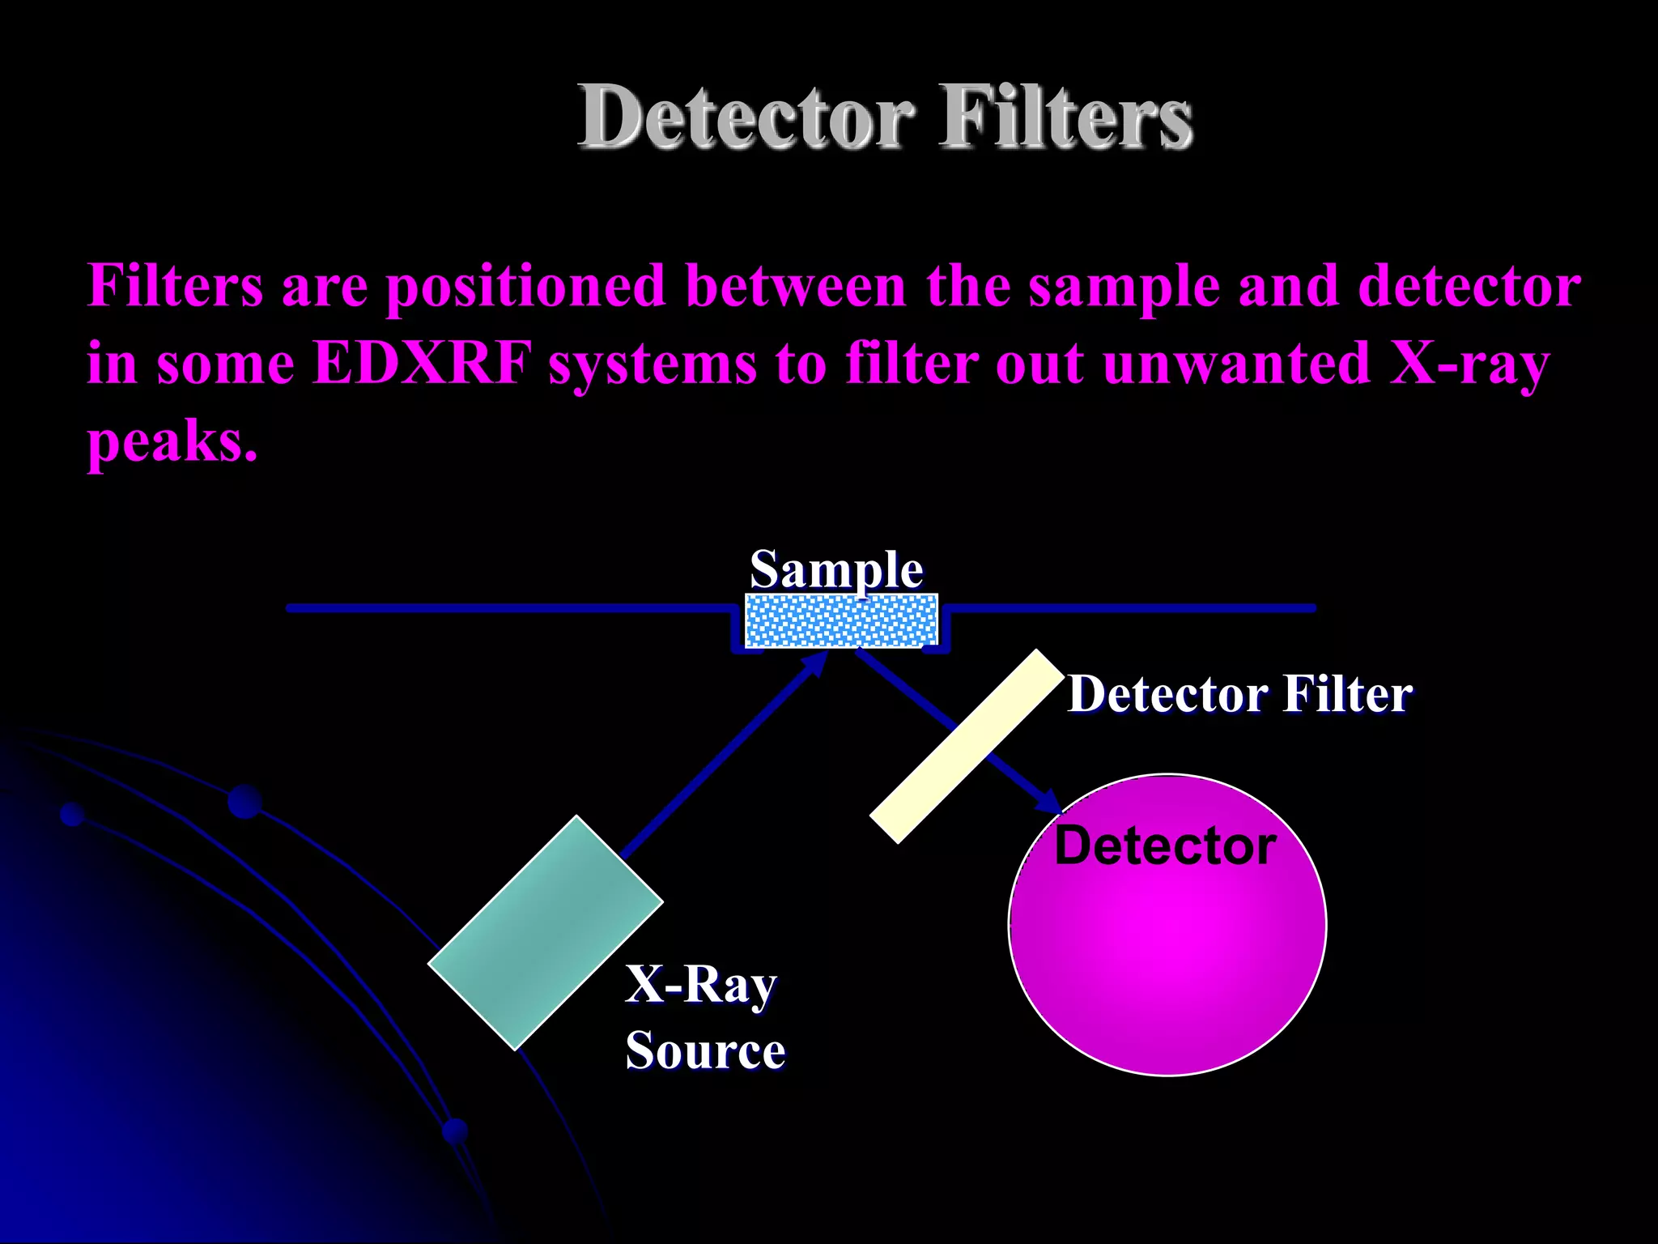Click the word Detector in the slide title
(x=746, y=117)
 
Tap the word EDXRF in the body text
(x=421, y=362)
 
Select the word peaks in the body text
(x=172, y=442)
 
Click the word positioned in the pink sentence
(x=525, y=286)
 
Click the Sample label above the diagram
(x=836, y=569)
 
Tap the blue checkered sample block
(x=841, y=620)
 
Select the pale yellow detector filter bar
(x=966, y=746)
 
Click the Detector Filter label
(x=1239, y=695)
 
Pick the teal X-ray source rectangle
(x=545, y=932)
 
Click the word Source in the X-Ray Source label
(x=705, y=1050)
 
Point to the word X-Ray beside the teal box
(x=700, y=985)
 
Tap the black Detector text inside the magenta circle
(x=1165, y=846)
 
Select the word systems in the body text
(x=652, y=364)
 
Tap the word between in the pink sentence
(x=795, y=286)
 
